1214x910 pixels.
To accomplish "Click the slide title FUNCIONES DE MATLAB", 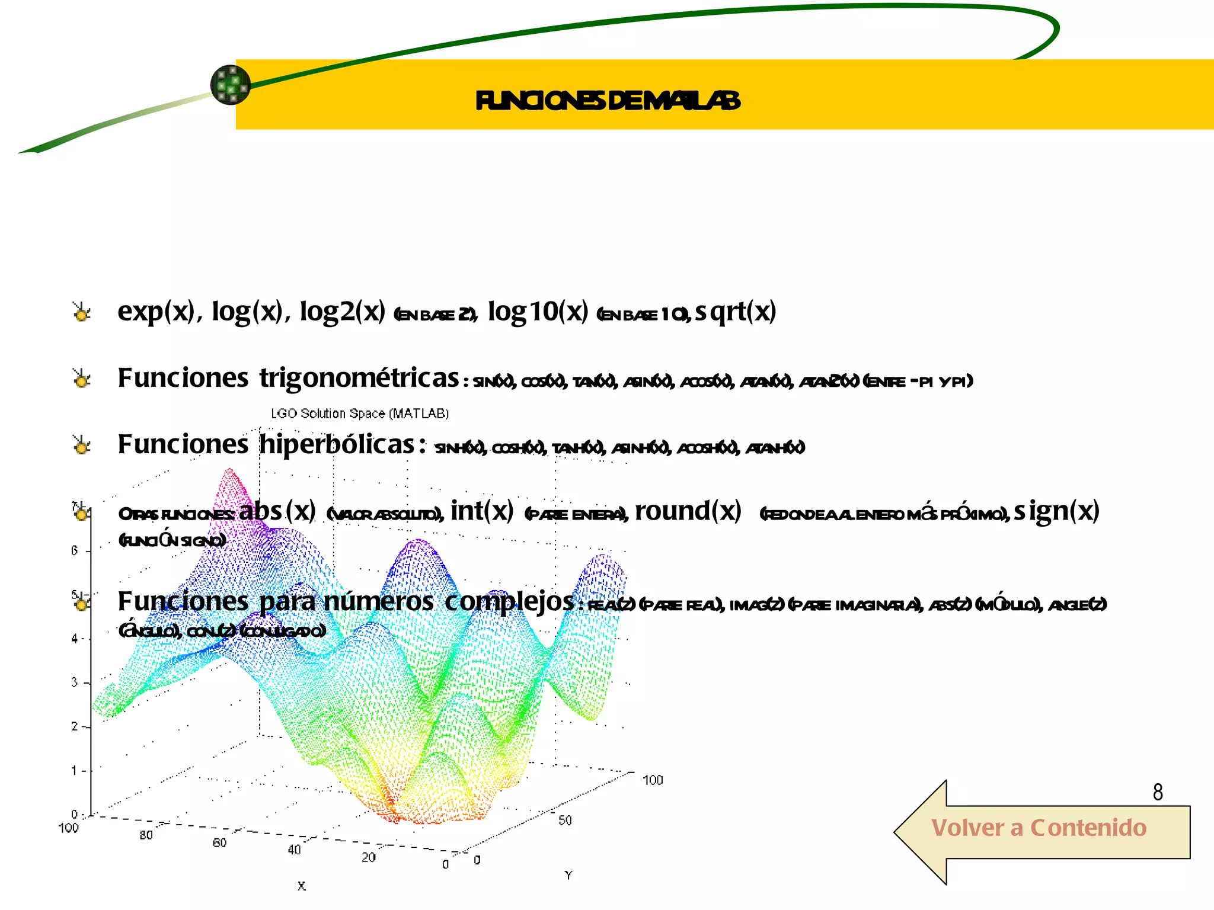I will pos(608,101).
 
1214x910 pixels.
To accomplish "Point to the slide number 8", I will pos(1158,792).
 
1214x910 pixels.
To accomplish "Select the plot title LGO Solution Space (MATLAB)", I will pos(360,414).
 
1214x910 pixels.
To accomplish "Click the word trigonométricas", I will pos(359,379).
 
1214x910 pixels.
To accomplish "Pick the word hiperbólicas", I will pos(337,445).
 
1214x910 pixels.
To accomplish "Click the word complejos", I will pos(509,602).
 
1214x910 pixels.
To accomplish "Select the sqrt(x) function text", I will pos(736,312).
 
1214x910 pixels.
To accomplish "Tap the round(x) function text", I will pos(688,511).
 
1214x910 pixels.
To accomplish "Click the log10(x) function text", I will pos(538,312).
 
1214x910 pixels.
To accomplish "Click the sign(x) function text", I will pos(1057,511).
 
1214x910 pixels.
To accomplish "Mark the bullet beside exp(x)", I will pos(82,312).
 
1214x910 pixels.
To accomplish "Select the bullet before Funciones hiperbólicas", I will pos(82,445).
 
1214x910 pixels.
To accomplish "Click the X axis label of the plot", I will pos(302,886).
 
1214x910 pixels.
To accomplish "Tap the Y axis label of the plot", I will pos(568,875).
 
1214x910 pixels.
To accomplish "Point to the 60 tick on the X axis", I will pos(219,842).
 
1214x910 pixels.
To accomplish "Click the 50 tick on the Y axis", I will pos(565,821).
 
